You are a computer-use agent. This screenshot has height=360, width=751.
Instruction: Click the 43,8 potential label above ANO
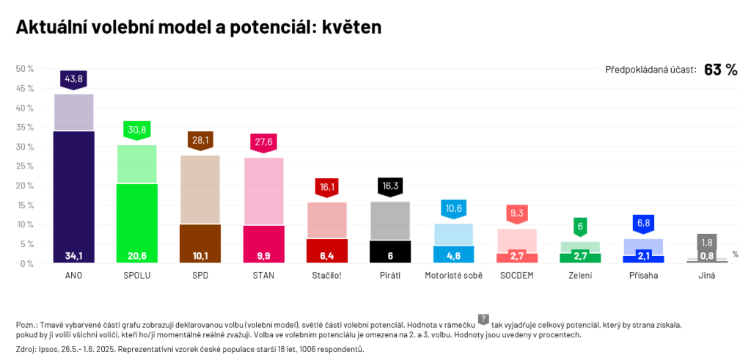click(73, 78)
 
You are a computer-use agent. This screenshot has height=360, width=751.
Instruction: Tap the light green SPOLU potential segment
click(137, 164)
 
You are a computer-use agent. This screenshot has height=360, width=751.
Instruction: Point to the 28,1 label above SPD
click(200, 139)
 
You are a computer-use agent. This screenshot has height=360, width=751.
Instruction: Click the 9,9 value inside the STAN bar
click(263, 256)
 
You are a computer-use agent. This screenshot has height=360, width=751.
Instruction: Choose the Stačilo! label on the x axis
click(326, 276)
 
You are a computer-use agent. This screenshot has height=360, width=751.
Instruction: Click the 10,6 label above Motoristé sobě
click(453, 208)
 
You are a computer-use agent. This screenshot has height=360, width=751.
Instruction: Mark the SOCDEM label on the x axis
click(516, 276)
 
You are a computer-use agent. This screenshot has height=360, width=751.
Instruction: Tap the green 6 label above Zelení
click(580, 227)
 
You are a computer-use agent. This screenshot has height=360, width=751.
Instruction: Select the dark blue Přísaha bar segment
click(643, 259)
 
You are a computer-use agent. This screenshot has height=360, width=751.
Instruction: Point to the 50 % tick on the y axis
click(25, 69)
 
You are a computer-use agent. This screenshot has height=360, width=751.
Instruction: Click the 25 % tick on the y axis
click(25, 166)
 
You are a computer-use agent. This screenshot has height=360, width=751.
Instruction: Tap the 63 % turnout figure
click(720, 70)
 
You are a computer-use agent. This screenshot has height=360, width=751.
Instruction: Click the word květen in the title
click(352, 27)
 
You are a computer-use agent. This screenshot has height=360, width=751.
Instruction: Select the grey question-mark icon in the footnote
click(483, 319)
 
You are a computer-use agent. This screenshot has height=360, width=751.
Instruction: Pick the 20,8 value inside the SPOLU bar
click(137, 256)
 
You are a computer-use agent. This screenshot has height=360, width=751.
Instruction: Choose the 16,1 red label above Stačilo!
click(326, 187)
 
